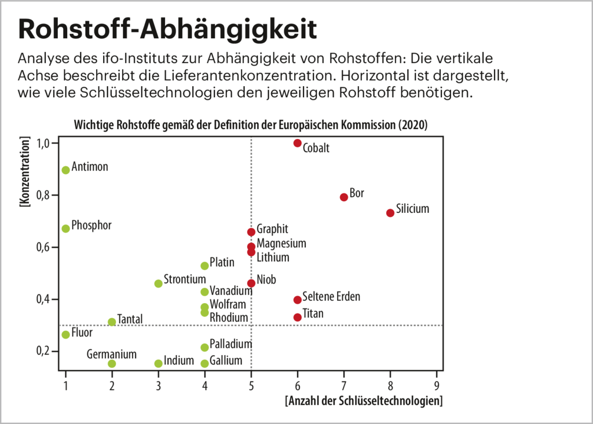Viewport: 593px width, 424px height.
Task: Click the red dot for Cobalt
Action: (x=298, y=143)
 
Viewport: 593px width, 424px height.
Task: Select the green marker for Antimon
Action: (x=66, y=170)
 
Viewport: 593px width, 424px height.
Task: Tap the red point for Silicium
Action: (x=390, y=213)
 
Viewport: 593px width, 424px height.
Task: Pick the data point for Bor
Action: (x=344, y=197)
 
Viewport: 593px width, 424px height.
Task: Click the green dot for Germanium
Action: (x=112, y=364)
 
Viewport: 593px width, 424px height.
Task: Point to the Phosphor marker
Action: (x=66, y=228)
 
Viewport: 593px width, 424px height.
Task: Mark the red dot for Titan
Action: (x=298, y=318)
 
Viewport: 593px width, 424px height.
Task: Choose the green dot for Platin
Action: (x=204, y=266)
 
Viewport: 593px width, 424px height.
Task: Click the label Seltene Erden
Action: (x=331, y=297)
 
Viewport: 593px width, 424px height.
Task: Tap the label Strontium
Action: (x=185, y=279)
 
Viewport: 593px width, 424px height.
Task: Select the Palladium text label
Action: (x=230, y=344)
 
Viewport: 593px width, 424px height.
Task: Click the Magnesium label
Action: (x=281, y=244)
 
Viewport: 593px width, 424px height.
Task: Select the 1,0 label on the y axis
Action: (x=46, y=143)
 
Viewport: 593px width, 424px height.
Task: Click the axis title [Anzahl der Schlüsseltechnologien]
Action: (x=364, y=401)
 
